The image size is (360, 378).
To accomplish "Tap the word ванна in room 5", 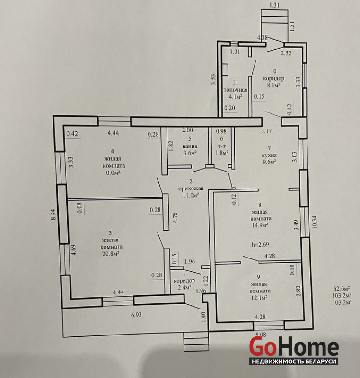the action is [x=190, y=146].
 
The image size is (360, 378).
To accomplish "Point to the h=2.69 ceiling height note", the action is [x=260, y=244].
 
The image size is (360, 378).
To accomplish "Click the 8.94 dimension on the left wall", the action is [x=53, y=214].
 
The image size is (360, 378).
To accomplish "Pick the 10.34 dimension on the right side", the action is [x=315, y=222].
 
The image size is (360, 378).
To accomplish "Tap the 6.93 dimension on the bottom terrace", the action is [x=136, y=315].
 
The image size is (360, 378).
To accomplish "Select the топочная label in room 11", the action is [x=236, y=90].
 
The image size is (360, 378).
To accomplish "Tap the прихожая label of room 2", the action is [x=191, y=188].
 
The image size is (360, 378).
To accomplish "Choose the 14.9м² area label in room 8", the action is [x=260, y=225].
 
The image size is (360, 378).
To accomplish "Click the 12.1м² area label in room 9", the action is [x=258, y=298].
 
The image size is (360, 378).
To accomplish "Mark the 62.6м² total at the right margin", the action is [x=342, y=289].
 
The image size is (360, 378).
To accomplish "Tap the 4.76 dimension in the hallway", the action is [x=175, y=217].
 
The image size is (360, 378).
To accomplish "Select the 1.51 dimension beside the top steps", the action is [x=292, y=26].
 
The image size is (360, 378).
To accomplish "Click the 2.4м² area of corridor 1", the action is [x=184, y=287].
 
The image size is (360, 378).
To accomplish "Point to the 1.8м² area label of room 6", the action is [x=222, y=153].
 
